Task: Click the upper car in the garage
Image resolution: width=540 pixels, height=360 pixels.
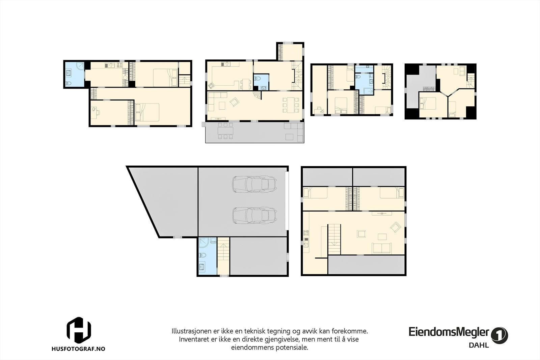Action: point(255,184)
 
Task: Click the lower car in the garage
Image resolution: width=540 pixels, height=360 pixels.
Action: point(255,215)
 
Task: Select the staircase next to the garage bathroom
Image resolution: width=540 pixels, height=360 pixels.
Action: point(223,256)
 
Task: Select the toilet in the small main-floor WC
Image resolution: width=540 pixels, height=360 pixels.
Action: point(258,80)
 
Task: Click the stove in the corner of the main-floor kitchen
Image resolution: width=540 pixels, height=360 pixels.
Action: point(212,86)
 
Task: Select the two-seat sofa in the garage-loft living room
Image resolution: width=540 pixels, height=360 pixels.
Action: point(381,248)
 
